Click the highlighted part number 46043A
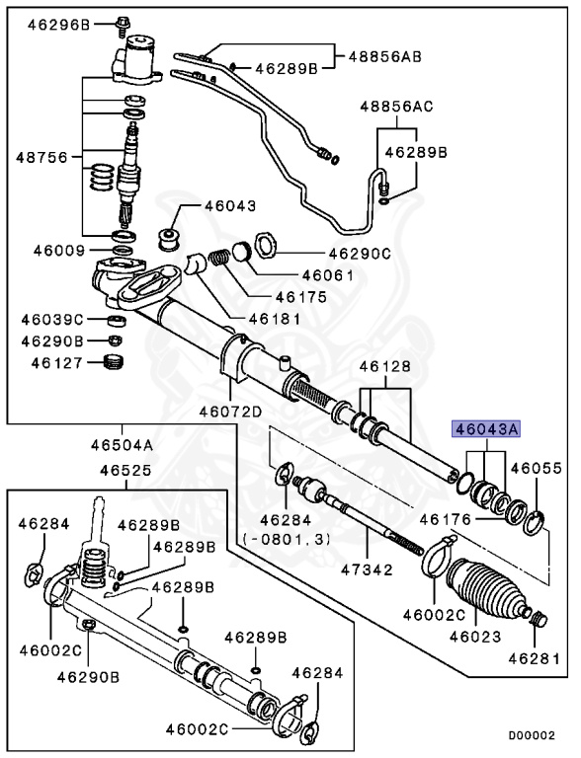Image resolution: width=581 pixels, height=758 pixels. point(486,429)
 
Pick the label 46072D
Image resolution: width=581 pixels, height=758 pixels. point(230,412)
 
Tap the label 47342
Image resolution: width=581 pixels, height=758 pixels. point(365,569)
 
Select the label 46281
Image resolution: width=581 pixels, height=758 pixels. point(535,657)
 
